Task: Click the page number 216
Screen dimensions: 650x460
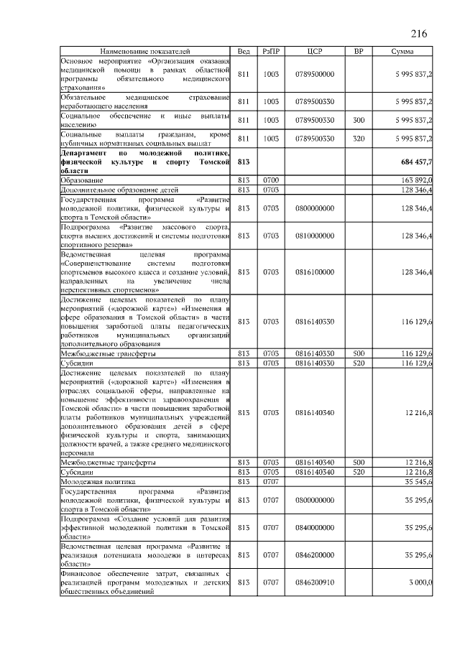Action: point(419,33)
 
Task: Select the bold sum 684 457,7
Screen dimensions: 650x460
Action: point(413,163)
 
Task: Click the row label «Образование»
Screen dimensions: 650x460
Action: point(81,180)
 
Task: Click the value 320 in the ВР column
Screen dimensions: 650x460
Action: point(359,138)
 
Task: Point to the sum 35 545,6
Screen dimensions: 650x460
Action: point(416,482)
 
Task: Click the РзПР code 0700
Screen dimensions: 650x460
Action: point(271,180)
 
